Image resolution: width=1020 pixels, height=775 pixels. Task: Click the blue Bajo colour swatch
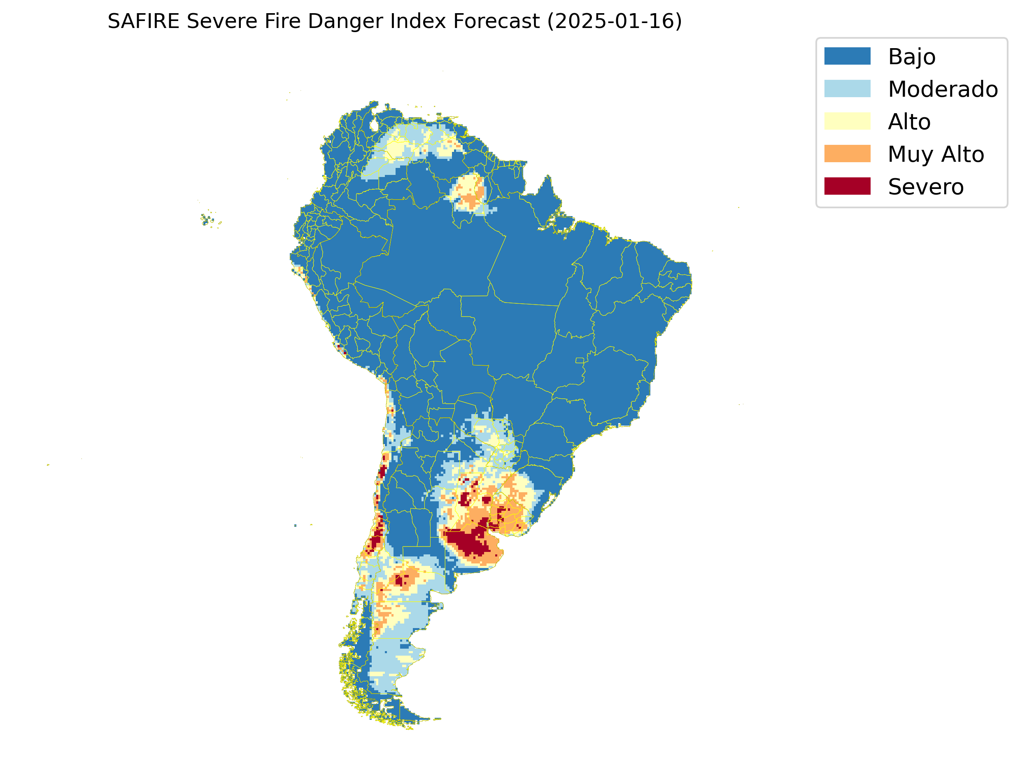(x=847, y=56)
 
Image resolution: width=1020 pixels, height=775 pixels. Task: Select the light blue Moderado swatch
(x=847, y=88)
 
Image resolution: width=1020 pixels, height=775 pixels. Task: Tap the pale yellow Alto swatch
(x=847, y=121)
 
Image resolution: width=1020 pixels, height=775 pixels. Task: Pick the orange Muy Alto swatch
(x=847, y=154)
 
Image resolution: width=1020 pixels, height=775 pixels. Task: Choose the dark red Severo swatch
(x=847, y=186)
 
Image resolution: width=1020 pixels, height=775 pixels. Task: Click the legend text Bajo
(x=912, y=57)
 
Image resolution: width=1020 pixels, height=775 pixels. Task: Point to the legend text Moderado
(x=943, y=89)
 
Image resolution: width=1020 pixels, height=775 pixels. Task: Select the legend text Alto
(x=909, y=122)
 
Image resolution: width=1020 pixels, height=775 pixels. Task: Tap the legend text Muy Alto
(x=936, y=154)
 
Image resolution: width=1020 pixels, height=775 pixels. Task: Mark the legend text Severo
(x=925, y=187)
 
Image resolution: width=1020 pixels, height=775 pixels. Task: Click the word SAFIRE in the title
(x=144, y=21)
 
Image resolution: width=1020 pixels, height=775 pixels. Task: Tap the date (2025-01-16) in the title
(x=614, y=21)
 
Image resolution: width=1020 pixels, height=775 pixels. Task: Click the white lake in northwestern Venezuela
(x=374, y=126)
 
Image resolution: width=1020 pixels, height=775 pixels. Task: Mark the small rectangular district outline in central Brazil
(x=580, y=360)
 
